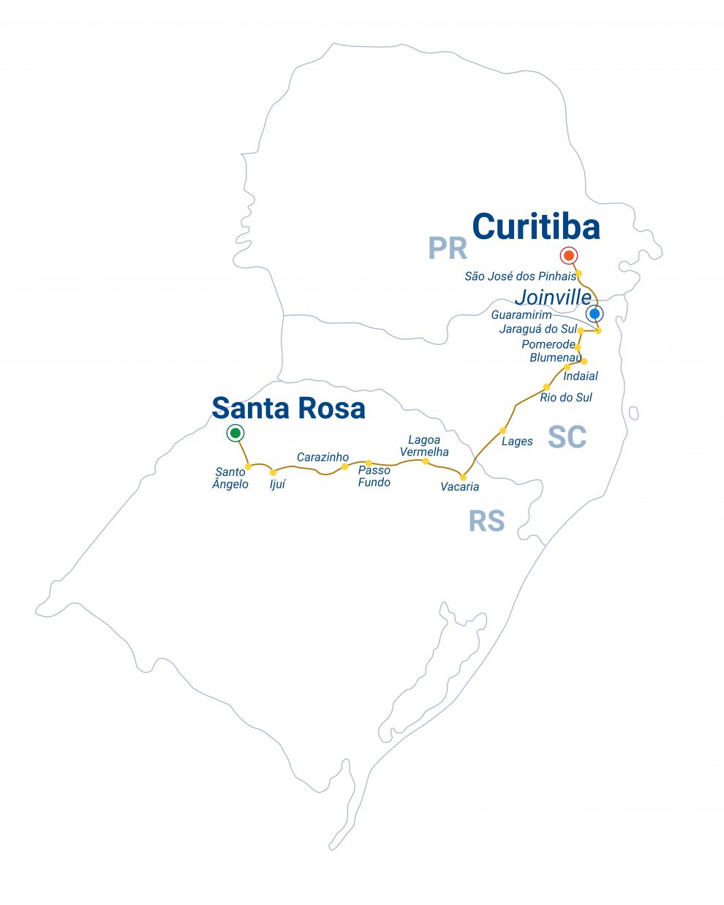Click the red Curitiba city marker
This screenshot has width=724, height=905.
coord(568,255)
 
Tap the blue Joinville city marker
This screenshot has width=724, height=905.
coord(595,314)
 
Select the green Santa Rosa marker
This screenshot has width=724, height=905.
coord(235,433)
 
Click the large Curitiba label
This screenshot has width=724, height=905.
coord(536,227)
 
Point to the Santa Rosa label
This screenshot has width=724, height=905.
coord(288,408)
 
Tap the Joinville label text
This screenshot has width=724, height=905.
coord(552,298)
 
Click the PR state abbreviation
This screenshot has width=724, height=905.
coord(448,249)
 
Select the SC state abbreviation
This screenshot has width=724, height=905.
coord(567,437)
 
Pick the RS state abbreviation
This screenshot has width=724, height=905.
coord(486,521)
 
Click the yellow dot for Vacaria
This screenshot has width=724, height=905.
coord(463,477)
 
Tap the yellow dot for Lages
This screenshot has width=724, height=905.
coord(503,431)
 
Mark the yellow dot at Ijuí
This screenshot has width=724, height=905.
coord(273,472)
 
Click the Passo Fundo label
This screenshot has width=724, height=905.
coord(374,476)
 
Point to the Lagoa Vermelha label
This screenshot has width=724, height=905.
coord(424,446)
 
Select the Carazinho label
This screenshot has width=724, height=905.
coord(323,457)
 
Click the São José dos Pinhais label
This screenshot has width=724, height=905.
coord(520,276)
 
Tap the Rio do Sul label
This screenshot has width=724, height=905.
coord(565,398)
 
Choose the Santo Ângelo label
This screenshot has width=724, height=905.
coord(230,478)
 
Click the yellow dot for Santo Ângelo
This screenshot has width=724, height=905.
coord(248,466)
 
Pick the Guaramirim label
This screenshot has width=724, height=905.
coord(521,315)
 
